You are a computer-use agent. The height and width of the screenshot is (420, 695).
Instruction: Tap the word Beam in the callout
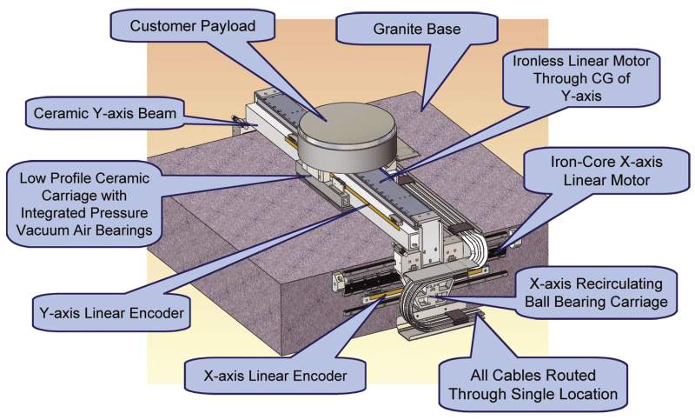(154, 113)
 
